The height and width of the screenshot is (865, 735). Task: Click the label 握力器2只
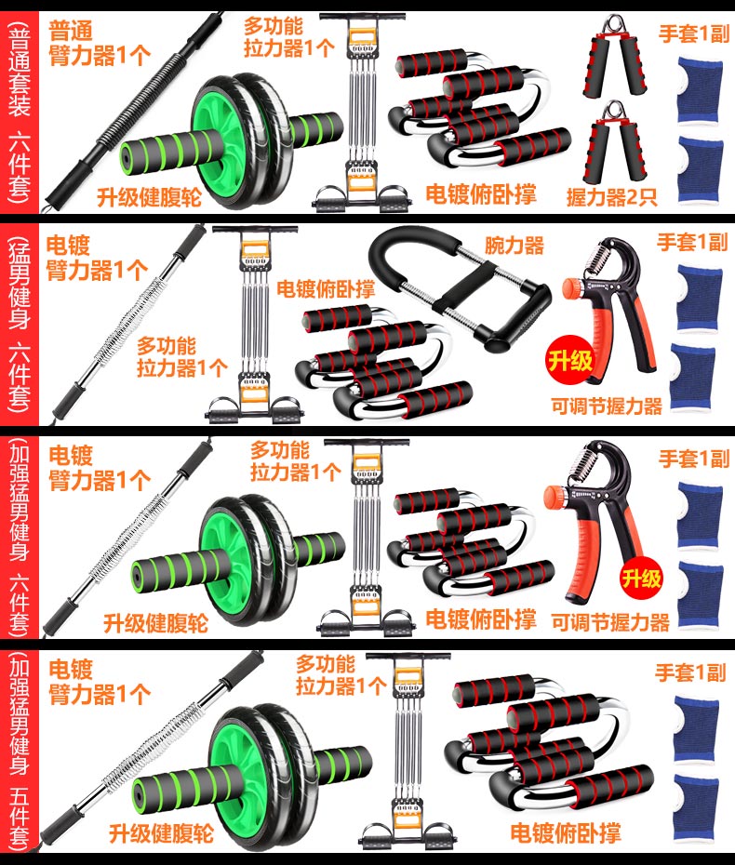611,197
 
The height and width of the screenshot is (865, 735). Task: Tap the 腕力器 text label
514,246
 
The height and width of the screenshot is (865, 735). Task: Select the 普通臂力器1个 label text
100,43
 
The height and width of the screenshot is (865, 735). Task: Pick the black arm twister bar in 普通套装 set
132,111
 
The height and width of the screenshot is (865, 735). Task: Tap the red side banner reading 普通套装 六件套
19,112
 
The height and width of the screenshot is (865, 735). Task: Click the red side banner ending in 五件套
19,752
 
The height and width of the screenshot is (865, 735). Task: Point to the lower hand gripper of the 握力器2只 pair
614,143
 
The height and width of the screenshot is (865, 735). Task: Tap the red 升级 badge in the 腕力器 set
569,361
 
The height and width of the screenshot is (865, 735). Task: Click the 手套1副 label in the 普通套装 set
694,34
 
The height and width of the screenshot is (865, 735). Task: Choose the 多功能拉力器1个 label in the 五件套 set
341,674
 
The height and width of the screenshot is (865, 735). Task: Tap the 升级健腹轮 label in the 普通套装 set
149,197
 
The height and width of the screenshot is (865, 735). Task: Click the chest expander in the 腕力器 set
255,325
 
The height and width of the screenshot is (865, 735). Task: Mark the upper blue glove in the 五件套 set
696,729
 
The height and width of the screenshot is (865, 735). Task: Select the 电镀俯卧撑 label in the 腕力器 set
326,289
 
